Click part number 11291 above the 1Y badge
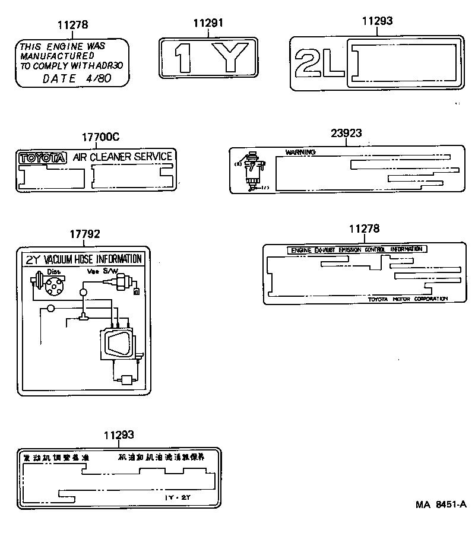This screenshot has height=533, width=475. click(x=208, y=23)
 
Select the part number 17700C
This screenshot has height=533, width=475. click(x=101, y=137)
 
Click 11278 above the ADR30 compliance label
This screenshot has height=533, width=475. click(x=72, y=25)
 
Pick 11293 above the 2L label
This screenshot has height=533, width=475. click(x=377, y=21)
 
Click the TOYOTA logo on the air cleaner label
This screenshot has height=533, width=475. click(x=43, y=158)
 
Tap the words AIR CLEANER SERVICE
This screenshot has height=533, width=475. click(x=122, y=157)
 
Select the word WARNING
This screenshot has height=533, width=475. click(x=300, y=152)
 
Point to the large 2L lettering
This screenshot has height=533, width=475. click(x=319, y=62)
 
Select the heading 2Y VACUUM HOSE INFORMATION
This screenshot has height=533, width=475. click(x=83, y=259)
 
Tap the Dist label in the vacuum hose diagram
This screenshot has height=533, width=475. click(x=53, y=272)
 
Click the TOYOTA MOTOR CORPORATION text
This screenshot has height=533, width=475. click(x=407, y=299)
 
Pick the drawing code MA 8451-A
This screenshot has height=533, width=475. click(x=441, y=505)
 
